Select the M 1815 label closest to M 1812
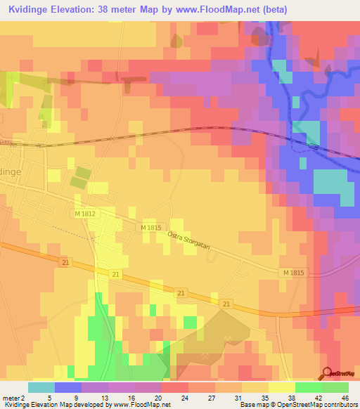click(151, 228)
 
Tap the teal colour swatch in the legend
click(41, 387)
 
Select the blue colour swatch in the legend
click(68, 387)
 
